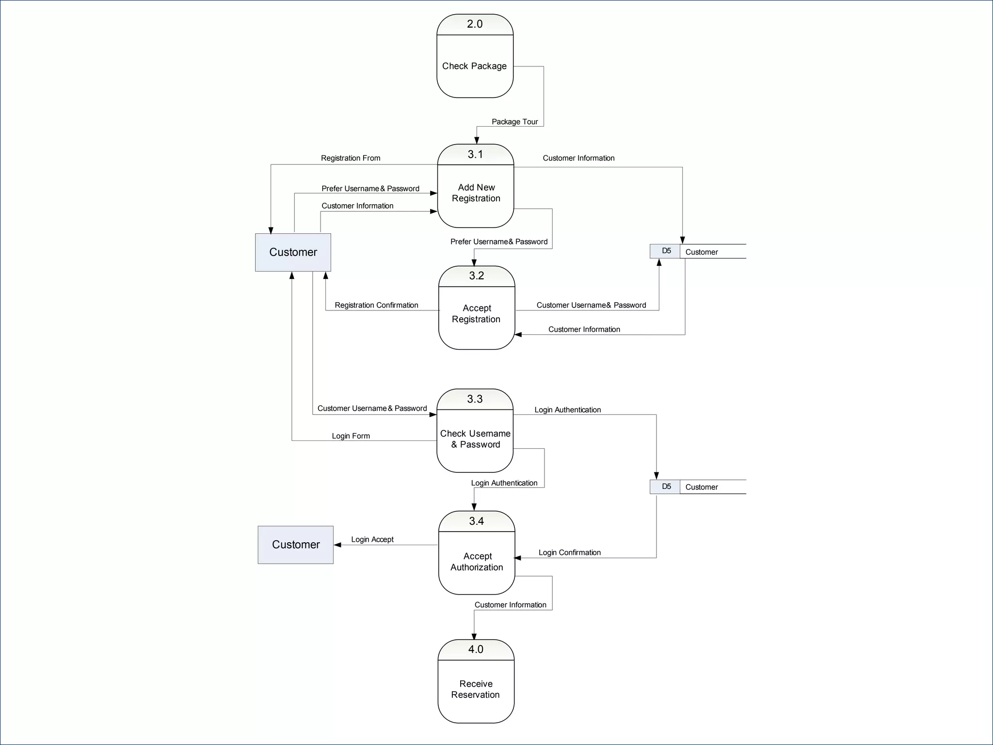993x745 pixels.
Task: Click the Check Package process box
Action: tap(474, 66)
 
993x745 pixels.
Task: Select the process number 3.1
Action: tap(475, 154)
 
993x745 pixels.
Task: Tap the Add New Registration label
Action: tap(476, 193)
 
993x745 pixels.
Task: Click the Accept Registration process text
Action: tap(476, 314)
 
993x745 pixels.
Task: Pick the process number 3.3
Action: tap(475, 399)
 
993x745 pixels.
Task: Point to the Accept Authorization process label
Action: tap(477, 562)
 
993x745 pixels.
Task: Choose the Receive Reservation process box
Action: tap(476, 689)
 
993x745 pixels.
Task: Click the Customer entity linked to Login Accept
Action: tap(296, 545)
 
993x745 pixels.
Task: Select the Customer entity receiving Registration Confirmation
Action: tap(293, 252)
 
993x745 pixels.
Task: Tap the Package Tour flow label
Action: tap(514, 122)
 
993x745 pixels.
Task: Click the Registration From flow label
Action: tap(350, 158)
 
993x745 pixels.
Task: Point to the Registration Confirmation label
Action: tap(376, 305)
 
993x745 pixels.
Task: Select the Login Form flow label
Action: tap(351, 436)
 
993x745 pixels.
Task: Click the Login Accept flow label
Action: tap(372, 539)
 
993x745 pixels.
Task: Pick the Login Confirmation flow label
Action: tap(569, 552)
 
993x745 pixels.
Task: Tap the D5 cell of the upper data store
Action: tap(666, 251)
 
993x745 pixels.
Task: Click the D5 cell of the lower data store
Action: tap(666, 486)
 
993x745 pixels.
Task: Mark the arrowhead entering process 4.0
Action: tap(474, 636)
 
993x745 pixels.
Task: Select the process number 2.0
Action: tap(475, 24)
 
